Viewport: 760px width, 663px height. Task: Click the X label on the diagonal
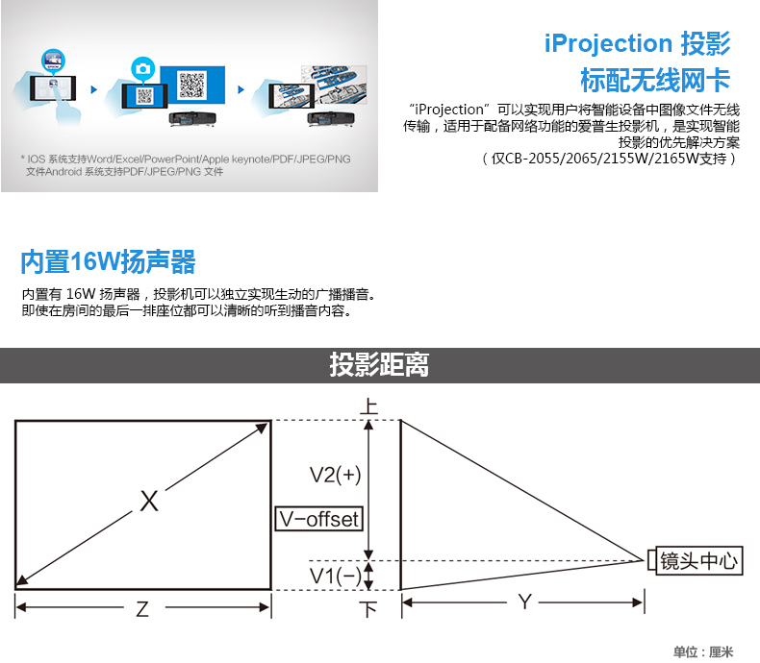pyautogui.click(x=149, y=501)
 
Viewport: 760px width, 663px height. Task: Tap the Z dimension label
pyautogui.click(x=142, y=609)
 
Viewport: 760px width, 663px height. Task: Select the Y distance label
pyautogui.click(x=524, y=602)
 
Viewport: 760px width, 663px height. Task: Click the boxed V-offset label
pyautogui.click(x=319, y=519)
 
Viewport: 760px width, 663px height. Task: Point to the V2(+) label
pyautogui.click(x=336, y=475)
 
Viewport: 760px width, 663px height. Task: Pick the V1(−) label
pyautogui.click(x=336, y=576)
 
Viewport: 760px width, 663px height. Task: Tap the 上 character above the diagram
pyautogui.click(x=368, y=405)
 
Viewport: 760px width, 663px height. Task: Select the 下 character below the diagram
pyautogui.click(x=368, y=609)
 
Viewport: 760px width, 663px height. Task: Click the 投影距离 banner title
pyautogui.click(x=379, y=364)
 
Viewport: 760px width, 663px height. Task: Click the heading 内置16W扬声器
pyautogui.click(x=108, y=261)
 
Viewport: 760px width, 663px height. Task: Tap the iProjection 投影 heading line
pyautogui.click(x=637, y=43)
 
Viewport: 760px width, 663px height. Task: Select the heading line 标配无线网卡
pyautogui.click(x=655, y=80)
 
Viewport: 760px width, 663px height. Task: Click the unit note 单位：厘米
pyautogui.click(x=703, y=651)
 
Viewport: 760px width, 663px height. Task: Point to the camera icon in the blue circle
pyautogui.click(x=142, y=69)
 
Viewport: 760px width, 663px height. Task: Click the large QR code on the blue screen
pyautogui.click(x=192, y=86)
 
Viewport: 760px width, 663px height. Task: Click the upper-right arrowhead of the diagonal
pyautogui.click(x=263, y=428)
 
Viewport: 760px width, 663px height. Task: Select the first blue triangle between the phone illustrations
pyautogui.click(x=94, y=89)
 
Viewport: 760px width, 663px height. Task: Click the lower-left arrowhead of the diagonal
pyautogui.click(x=22, y=580)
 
